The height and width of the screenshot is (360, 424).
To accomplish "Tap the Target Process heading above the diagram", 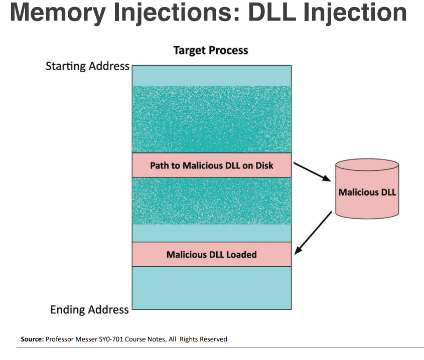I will (210, 50).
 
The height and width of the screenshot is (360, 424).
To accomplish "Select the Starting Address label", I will (87, 66).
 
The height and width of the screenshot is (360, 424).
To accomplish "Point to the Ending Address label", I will (89, 310).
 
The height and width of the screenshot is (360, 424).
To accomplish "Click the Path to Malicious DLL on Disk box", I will (211, 165).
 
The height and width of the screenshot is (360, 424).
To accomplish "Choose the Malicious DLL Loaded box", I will (211, 255).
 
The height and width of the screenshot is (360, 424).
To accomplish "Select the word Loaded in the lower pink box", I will (240, 255).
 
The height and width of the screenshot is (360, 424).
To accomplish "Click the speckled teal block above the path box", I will (211, 119).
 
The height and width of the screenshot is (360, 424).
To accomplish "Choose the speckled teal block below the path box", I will (211, 201).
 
